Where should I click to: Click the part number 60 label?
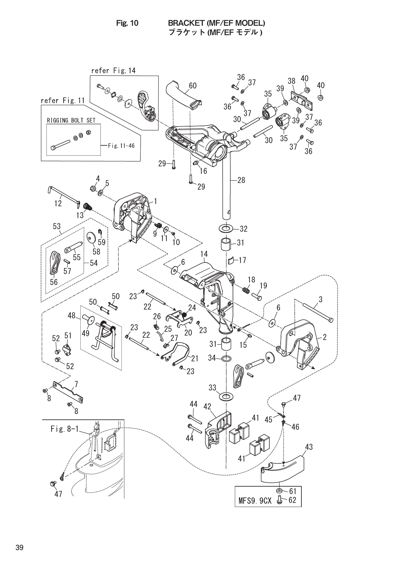tap(192, 86)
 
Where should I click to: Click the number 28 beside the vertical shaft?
tap(241, 180)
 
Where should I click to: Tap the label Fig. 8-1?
tap(64, 429)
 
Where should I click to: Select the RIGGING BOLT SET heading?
tap(71, 120)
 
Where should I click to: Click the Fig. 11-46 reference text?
tap(121, 146)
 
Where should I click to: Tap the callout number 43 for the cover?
tap(309, 447)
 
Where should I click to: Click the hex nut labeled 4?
tap(93, 188)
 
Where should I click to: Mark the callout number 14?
tap(204, 254)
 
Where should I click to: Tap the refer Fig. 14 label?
tap(113, 71)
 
